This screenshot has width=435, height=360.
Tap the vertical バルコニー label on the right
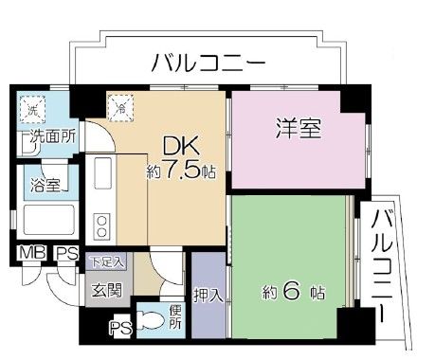click(x=384, y=264)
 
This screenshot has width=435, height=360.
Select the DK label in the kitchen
click(x=178, y=148)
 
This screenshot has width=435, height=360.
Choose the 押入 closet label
click(x=208, y=294)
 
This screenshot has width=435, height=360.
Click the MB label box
click(x=30, y=254)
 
